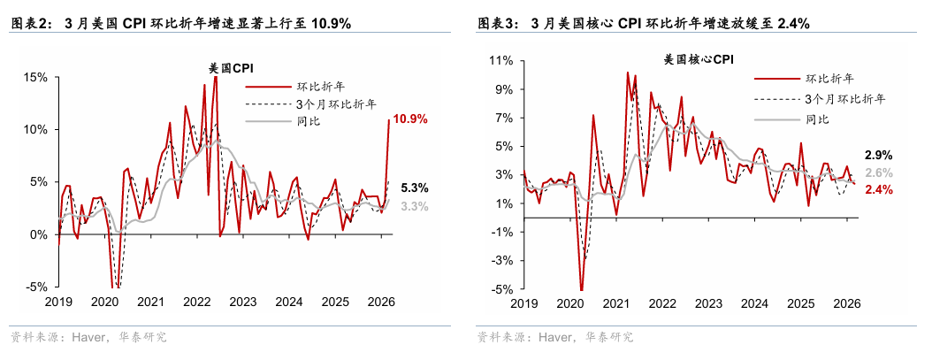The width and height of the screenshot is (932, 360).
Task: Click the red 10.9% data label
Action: coord(410,119)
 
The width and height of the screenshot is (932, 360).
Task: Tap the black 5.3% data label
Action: coord(414,188)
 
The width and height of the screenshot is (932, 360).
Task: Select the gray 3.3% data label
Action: coord(414,207)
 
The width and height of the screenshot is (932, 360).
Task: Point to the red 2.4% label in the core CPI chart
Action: coord(879,190)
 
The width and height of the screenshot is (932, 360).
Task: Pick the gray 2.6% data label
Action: coord(879,172)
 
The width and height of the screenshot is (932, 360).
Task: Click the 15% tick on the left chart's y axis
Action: coord(35,77)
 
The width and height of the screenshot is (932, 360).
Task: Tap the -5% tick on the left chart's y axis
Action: coord(35,287)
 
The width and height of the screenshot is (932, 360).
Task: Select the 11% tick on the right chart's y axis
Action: coord(501,61)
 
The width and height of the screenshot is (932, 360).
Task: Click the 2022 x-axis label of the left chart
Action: coord(196,303)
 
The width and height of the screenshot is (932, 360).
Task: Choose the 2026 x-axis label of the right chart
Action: coord(846,303)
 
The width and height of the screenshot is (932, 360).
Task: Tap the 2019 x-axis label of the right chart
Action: coord(524,303)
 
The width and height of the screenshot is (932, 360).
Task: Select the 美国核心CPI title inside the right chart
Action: coord(699,60)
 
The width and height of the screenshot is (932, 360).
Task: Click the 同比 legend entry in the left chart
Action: coord(309,120)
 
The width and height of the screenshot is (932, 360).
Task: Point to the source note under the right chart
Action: coord(555,337)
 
